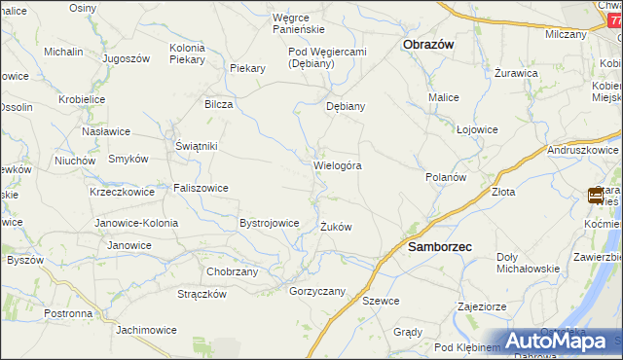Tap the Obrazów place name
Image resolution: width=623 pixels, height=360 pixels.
(x=428, y=45)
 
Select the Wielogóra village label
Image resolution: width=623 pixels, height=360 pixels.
(x=338, y=165)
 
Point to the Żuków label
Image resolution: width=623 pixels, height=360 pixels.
(x=336, y=227)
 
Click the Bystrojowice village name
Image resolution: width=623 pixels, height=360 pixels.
(x=269, y=223)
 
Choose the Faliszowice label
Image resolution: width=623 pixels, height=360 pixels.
(x=201, y=188)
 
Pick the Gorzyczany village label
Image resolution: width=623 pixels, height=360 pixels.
(x=317, y=291)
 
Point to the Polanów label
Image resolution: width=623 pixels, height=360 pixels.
(x=447, y=178)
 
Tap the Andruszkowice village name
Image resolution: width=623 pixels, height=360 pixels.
(x=583, y=151)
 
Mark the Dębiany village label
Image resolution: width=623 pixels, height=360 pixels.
(x=345, y=107)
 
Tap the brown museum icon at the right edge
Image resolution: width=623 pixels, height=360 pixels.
(x=596, y=196)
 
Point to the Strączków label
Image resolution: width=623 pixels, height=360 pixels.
(x=202, y=294)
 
